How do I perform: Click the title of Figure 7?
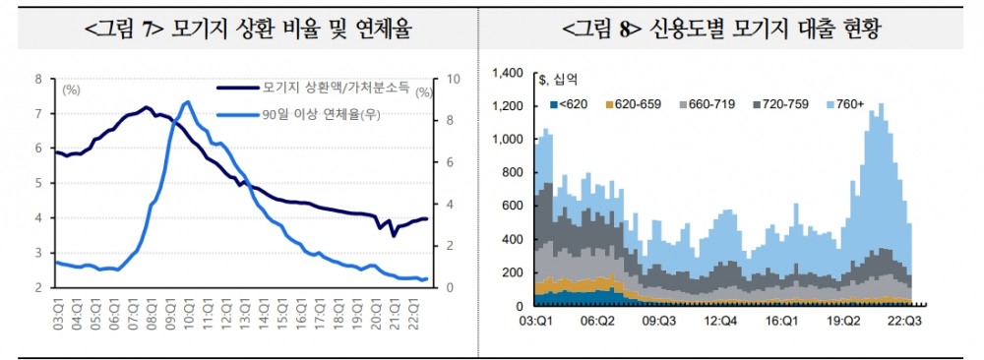tap(245, 30)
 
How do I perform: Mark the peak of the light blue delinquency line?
tap(186, 101)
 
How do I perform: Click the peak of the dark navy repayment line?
tap(146, 107)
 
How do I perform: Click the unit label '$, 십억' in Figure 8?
tap(560, 78)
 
